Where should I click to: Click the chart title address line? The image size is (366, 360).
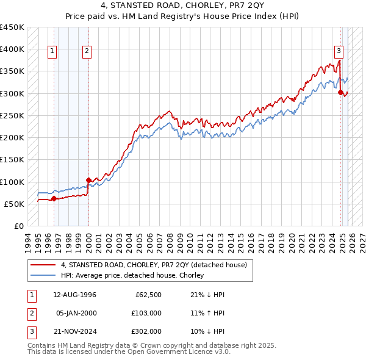pos(182,5)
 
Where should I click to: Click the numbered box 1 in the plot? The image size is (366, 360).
pos(53,52)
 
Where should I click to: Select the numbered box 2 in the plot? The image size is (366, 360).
pos(88,52)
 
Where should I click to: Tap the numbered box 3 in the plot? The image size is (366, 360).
pos(339,52)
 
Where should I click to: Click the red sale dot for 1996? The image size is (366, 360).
pos(54,198)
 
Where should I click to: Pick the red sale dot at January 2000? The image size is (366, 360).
pos(88,180)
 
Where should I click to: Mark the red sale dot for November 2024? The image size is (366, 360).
pos(340,93)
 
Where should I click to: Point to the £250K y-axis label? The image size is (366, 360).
pos(12,115)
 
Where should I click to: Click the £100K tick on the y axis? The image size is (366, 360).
pos(12,182)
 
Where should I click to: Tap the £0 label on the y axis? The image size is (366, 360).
pos(18,226)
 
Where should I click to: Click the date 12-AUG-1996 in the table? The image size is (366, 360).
pos(75,295)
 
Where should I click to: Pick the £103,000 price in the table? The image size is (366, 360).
pos(146,313)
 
